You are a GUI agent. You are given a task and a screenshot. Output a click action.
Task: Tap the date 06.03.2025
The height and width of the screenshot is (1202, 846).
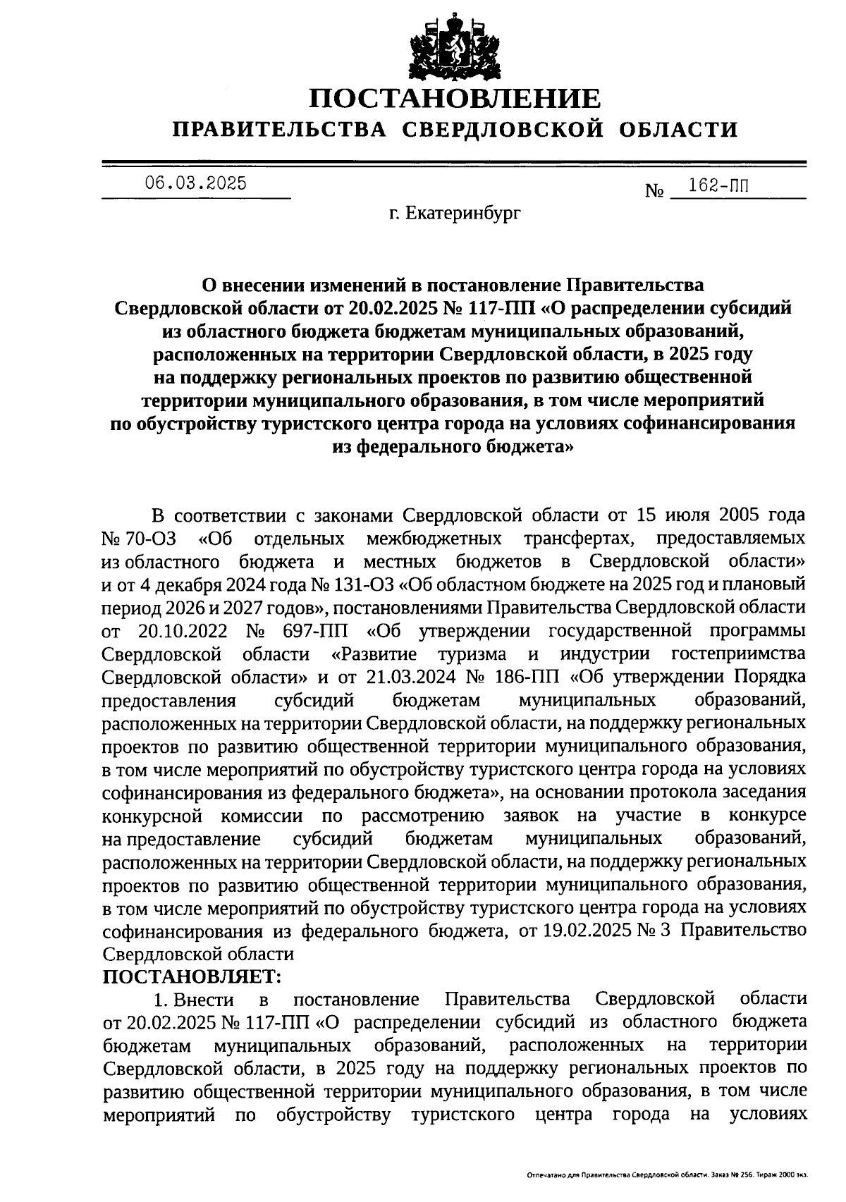(196, 183)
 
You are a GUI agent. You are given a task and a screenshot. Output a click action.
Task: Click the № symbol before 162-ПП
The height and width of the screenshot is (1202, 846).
(655, 192)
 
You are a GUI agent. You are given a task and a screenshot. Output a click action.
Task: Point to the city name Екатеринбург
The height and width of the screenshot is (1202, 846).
(462, 213)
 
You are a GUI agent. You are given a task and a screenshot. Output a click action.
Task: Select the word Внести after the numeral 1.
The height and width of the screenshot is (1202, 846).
(204, 1000)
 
